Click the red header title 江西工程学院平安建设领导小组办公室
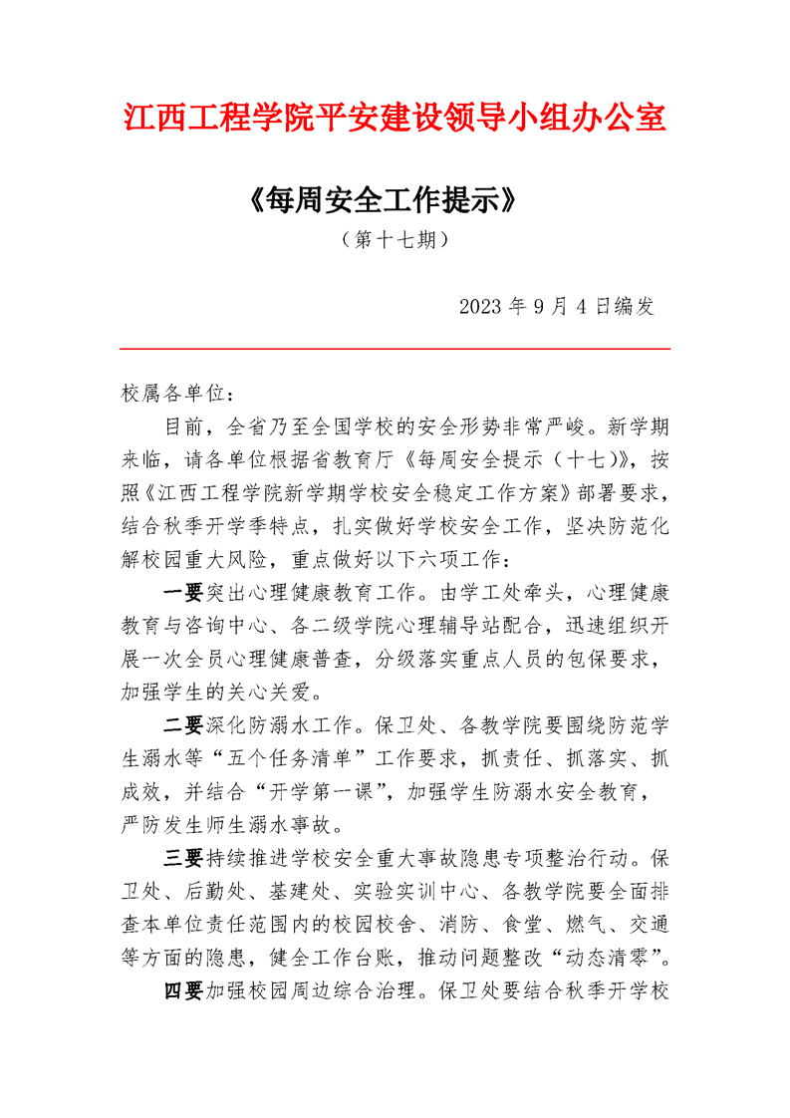click(395, 117)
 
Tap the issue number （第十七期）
click(395, 240)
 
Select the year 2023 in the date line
click(482, 306)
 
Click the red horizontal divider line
click(395, 349)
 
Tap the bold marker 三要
click(183, 857)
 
